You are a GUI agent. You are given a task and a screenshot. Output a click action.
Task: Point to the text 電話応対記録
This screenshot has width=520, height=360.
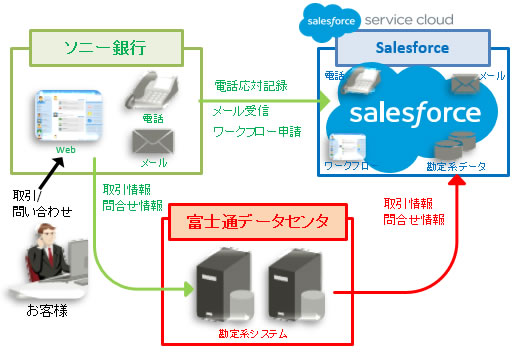pos(249,86)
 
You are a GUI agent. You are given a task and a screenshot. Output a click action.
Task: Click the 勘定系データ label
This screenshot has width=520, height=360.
pos(456,165)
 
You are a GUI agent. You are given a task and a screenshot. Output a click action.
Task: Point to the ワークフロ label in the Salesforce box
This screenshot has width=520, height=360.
pos(347,165)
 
